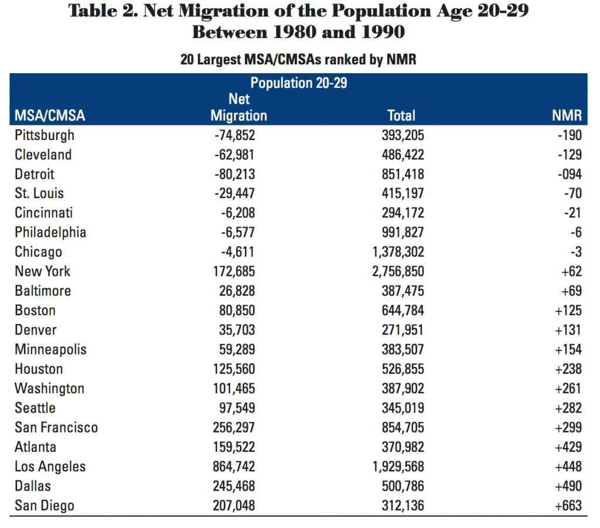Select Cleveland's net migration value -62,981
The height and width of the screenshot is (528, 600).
coord(234,155)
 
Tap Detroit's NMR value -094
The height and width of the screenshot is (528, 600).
coord(570,175)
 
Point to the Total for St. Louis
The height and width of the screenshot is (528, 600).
coord(403,193)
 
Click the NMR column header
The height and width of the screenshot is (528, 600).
coord(567,115)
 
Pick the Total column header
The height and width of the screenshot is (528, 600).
coord(401,115)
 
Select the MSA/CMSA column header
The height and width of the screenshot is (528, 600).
coord(50,115)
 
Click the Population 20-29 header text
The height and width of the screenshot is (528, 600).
coord(298,83)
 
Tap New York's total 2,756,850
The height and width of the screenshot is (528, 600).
coord(398,272)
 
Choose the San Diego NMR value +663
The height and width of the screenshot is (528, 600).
coord(568,506)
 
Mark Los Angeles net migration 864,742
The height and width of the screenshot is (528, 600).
coord(234,467)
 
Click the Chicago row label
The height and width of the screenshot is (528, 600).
coord(38,252)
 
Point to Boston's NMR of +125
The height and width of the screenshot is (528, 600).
coord(568,311)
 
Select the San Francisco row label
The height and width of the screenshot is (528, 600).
coord(56,428)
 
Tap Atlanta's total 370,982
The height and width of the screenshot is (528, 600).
coord(403,447)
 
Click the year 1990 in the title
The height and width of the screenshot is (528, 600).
coord(383,32)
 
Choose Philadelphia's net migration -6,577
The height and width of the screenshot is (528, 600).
coord(238,233)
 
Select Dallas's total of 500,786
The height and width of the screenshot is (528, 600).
coord(403,486)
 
